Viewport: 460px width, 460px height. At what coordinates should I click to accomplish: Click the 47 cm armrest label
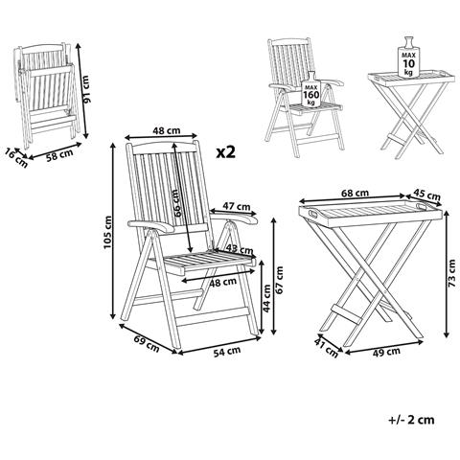[237, 206]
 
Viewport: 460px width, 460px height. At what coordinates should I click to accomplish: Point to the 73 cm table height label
[449, 278]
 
